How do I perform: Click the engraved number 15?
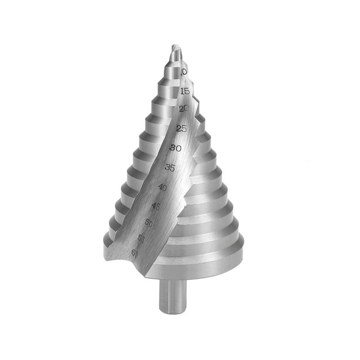(185, 91)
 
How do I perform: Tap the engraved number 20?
(184, 109)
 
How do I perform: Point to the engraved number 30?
(175, 148)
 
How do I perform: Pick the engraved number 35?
(170, 168)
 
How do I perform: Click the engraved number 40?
(163, 187)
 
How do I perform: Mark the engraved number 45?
(156, 206)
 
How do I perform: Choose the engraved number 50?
(148, 223)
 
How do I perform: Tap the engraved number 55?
(142, 238)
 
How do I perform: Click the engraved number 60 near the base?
(135, 253)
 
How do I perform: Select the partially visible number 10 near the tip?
(184, 72)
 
